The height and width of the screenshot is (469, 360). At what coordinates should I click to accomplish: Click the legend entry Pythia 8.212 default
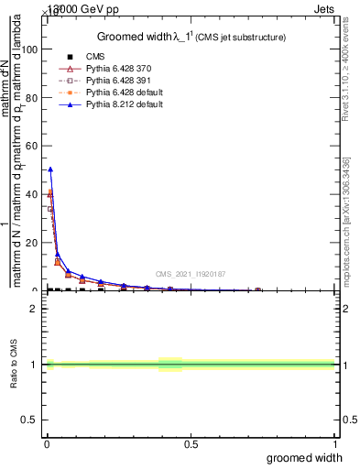pyautogui.click(x=124, y=104)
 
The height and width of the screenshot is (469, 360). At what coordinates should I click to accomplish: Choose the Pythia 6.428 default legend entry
pyautogui.click(x=124, y=93)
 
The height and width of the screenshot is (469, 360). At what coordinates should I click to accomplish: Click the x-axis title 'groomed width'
pyautogui.click(x=305, y=456)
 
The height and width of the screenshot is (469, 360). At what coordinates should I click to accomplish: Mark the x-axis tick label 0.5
pyautogui.click(x=191, y=444)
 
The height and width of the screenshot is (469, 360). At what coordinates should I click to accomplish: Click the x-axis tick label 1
pyautogui.click(x=334, y=444)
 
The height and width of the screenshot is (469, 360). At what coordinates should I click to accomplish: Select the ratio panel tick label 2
pyautogui.click(x=33, y=309)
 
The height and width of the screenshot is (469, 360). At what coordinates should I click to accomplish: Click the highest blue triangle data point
pyautogui.click(x=50, y=169)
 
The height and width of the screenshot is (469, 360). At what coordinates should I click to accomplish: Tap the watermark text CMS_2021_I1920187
pyautogui.click(x=190, y=273)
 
